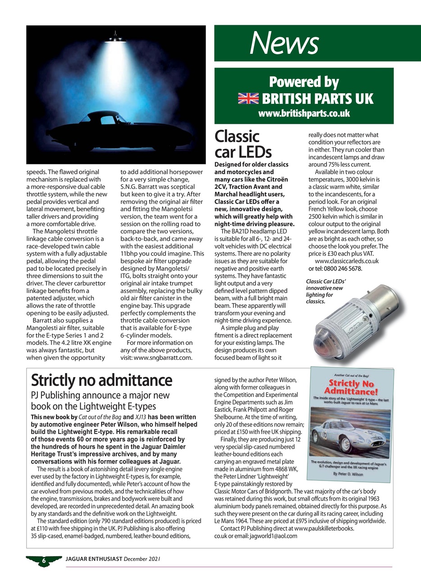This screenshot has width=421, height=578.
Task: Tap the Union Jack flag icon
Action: [248, 98]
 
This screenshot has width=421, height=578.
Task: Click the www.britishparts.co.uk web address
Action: [304, 113]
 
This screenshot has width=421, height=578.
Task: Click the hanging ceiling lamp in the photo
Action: [116, 37]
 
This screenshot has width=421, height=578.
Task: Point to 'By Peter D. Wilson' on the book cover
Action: [350, 474]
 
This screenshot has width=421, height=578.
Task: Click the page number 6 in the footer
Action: [44, 560]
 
